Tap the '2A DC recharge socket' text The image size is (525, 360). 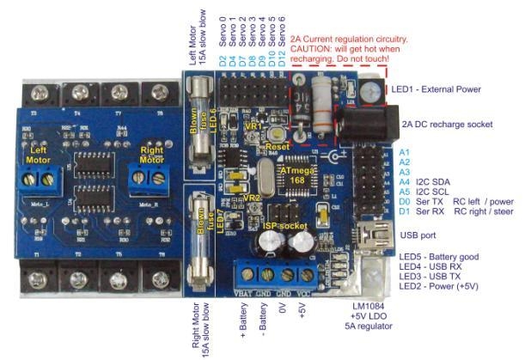[446, 125]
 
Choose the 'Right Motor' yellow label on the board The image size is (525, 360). [151, 155]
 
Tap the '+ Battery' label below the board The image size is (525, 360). [243, 320]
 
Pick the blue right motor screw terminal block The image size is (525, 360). [146, 177]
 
